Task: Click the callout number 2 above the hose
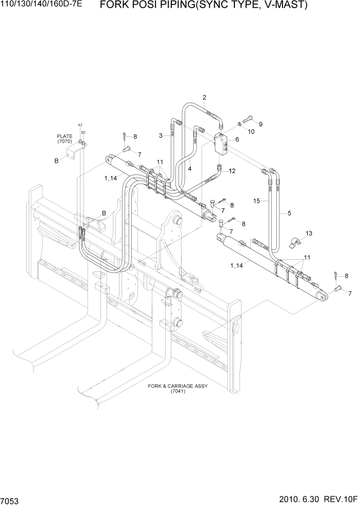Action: tap(204, 97)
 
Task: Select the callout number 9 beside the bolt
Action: tap(261, 124)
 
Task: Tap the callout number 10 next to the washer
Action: tap(251, 131)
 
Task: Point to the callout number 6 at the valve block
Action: tap(237, 140)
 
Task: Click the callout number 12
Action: tap(232, 171)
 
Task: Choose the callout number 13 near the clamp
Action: tap(309, 233)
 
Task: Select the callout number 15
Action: tap(257, 201)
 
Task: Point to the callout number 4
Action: tap(189, 168)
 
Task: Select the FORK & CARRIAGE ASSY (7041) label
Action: tap(177, 388)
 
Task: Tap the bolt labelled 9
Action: tap(250, 119)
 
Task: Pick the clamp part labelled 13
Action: tap(295, 241)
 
